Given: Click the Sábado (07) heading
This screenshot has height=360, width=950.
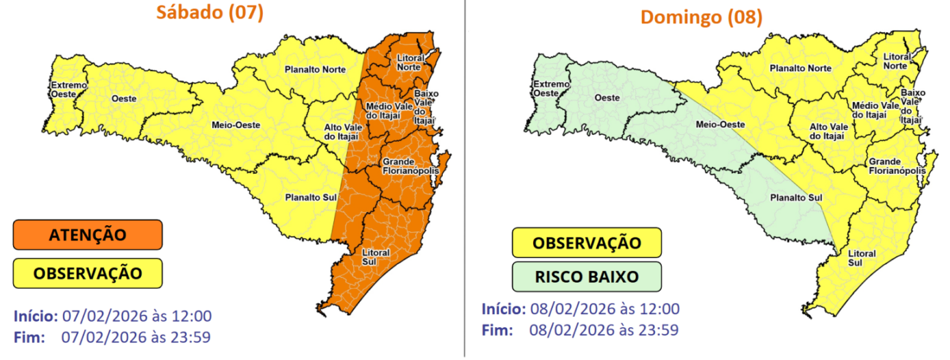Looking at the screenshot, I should pyautogui.click(x=209, y=14).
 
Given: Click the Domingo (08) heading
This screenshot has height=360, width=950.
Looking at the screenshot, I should pyautogui.click(x=701, y=17).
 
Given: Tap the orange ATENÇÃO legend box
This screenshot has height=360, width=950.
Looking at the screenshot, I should pyautogui.click(x=88, y=235).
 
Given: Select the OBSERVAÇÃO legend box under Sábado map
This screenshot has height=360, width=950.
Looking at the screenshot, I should pyautogui.click(x=88, y=273).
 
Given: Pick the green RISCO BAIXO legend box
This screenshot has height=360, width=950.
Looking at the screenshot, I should pyautogui.click(x=586, y=277).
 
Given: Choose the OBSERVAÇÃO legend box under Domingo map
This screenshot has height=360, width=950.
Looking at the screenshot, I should pyautogui.click(x=587, y=243).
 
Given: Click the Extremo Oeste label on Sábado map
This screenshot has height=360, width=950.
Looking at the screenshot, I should pyautogui.click(x=68, y=90).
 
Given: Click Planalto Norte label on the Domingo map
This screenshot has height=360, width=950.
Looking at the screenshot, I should pyautogui.click(x=800, y=68).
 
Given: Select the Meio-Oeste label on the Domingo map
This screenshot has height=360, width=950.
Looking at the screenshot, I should pyautogui.click(x=719, y=125).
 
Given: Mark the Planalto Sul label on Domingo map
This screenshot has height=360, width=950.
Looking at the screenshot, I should pyautogui.click(x=796, y=198).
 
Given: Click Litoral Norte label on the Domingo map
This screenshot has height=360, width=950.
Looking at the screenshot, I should pyautogui.click(x=897, y=61).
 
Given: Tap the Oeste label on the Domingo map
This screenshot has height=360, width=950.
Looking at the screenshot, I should pyautogui.click(x=608, y=98).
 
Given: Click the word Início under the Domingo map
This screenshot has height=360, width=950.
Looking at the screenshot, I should pyautogui.click(x=504, y=309).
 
